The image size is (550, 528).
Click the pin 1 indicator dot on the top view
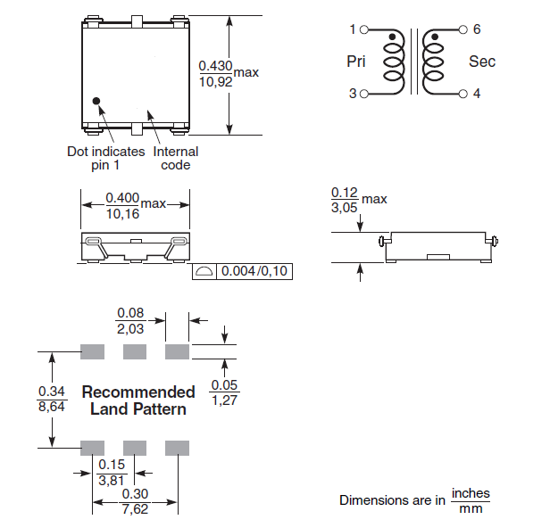(x=96, y=102)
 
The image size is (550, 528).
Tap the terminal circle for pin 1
(x=364, y=29)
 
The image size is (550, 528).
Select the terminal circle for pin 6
(x=463, y=29)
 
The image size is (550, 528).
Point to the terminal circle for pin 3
(x=364, y=94)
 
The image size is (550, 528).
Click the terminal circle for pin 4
(x=463, y=94)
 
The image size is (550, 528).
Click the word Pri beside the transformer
(x=356, y=62)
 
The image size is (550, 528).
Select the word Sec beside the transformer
(x=482, y=62)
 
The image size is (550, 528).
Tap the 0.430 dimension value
(x=216, y=65)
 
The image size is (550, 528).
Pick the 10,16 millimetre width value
(x=123, y=214)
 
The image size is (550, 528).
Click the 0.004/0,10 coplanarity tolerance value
(x=254, y=271)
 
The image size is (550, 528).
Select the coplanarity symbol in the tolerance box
(x=204, y=271)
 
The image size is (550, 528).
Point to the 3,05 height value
(x=344, y=208)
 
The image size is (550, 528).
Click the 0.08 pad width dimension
(x=130, y=313)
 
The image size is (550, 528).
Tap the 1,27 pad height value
(x=224, y=400)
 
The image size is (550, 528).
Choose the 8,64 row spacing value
(x=52, y=407)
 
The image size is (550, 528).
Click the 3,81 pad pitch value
(x=112, y=480)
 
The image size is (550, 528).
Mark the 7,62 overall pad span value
(x=135, y=509)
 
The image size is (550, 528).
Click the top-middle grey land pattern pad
(x=135, y=351)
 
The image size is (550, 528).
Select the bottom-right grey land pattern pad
(x=177, y=448)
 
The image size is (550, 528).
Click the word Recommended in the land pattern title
(x=138, y=392)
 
